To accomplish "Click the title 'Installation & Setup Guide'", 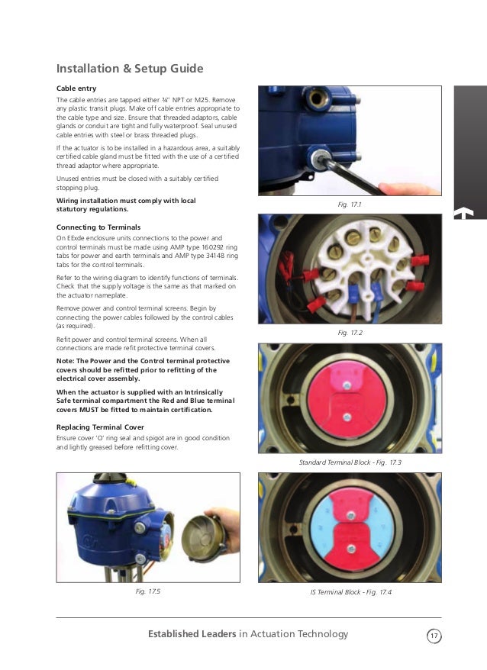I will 130,69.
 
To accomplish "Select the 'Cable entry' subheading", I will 76,89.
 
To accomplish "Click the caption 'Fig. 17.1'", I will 349,205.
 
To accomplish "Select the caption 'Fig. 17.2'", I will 349,333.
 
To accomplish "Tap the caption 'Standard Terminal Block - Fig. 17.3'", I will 349,463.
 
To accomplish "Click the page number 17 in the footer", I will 434,635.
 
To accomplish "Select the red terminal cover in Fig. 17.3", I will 347,397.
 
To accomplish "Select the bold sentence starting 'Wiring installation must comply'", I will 126,205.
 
